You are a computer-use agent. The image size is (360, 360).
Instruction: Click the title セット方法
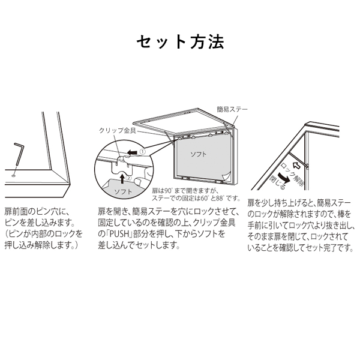[180, 42]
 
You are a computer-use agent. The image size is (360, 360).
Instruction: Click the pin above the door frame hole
[18, 154]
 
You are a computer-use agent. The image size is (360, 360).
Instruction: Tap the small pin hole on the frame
[14, 176]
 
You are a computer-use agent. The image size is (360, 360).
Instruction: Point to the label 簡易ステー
[232, 109]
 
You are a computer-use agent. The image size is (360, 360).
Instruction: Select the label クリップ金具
[118, 130]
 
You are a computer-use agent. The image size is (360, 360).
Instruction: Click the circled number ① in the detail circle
[142, 152]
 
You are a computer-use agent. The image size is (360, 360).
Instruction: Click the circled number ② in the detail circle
[129, 178]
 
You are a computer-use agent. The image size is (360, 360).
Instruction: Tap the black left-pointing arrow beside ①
[133, 152]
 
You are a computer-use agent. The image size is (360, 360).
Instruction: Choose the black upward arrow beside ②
[123, 178]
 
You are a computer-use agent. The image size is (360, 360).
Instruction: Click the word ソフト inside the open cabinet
[199, 154]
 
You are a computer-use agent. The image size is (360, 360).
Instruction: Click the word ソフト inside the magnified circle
[123, 191]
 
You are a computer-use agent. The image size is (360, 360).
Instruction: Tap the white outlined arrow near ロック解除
[296, 165]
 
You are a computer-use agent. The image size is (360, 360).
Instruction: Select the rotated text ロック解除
[293, 175]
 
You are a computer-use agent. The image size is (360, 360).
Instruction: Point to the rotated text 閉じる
[277, 182]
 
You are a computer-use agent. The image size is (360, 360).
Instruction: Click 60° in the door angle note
[204, 198]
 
